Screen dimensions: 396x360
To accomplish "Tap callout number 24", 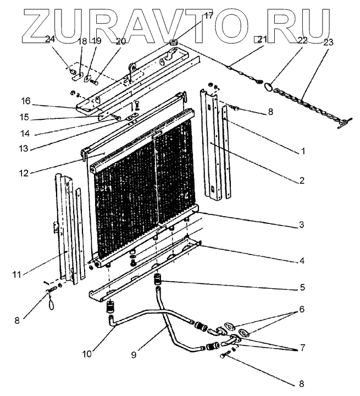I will (x=50, y=39).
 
